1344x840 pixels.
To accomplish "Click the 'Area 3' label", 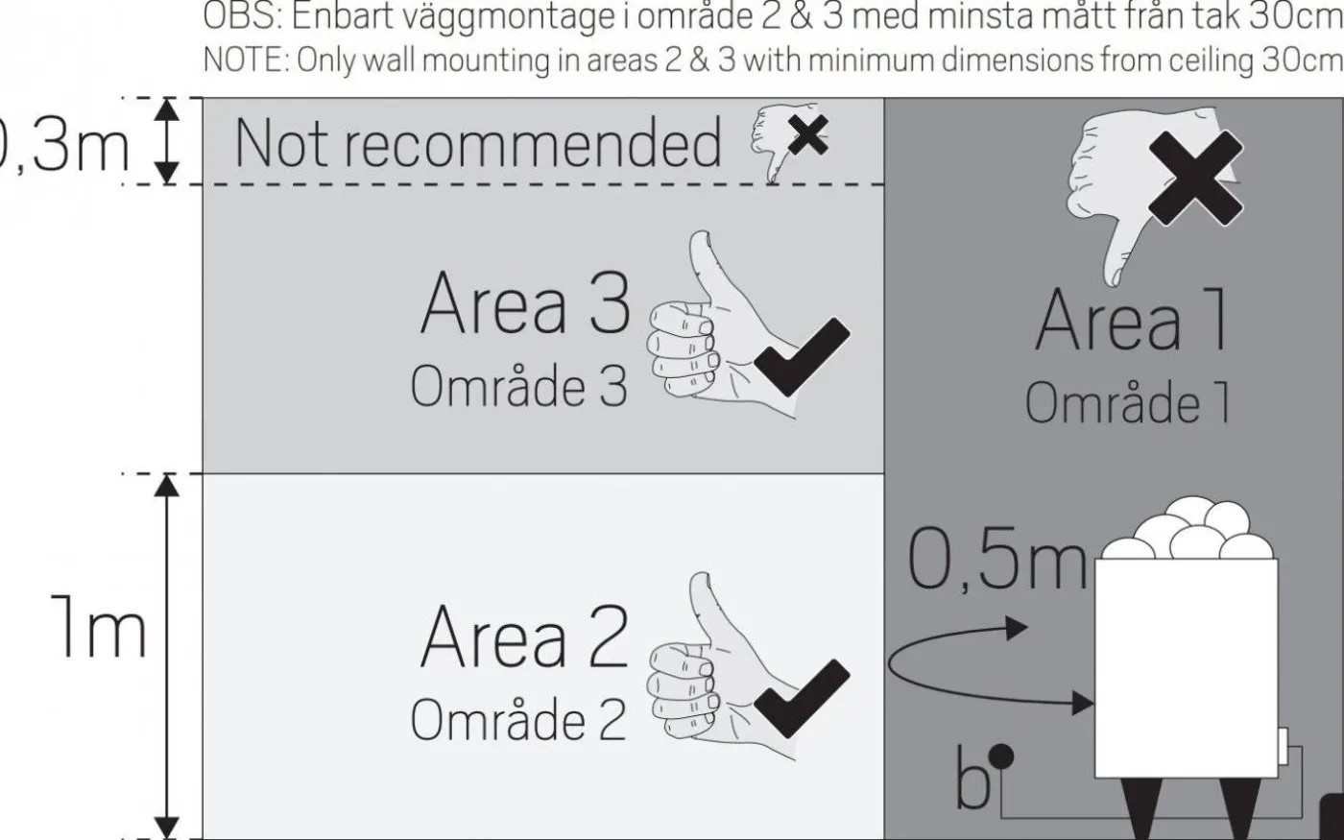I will tap(524, 303).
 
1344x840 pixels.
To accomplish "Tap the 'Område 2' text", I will tap(518, 720).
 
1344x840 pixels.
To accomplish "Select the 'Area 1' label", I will tap(1133, 321).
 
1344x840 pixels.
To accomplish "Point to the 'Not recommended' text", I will tap(477, 144).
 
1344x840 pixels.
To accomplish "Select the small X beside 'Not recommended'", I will tap(808, 135).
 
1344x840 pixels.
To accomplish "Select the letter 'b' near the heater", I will tap(972, 780).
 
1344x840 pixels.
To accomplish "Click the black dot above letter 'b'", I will tap(1001, 756).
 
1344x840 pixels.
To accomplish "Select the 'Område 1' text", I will tap(1127, 403).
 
